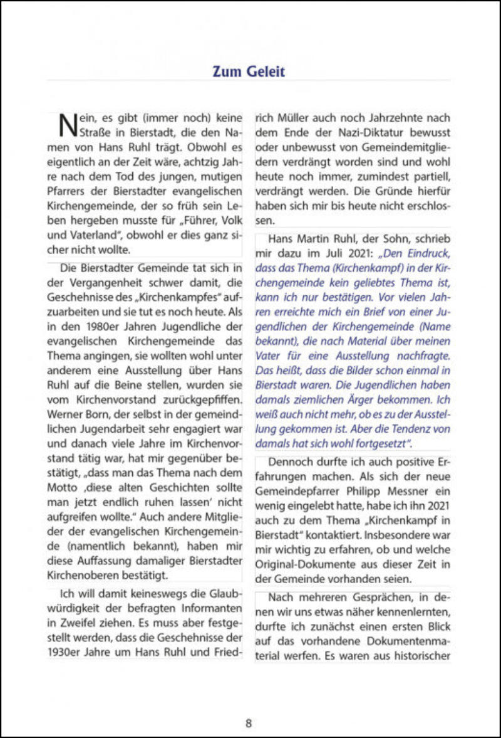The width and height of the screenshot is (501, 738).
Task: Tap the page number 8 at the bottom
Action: (249, 722)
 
